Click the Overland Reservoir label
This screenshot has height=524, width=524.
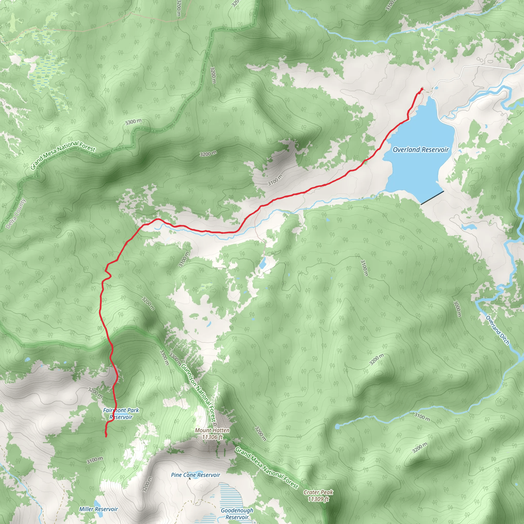[421, 149]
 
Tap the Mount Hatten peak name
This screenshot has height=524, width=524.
[212, 430]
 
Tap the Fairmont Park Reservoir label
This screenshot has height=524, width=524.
[121, 414]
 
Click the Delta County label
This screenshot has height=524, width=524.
[16, 214]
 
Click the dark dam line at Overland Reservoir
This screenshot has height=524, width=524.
[432, 198]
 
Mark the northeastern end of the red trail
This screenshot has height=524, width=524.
[422, 89]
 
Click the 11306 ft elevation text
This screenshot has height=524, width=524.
[212, 437]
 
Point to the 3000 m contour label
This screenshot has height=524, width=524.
[457, 308]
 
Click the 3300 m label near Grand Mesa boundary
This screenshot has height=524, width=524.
[133, 122]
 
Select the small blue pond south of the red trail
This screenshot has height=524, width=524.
[263, 263]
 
